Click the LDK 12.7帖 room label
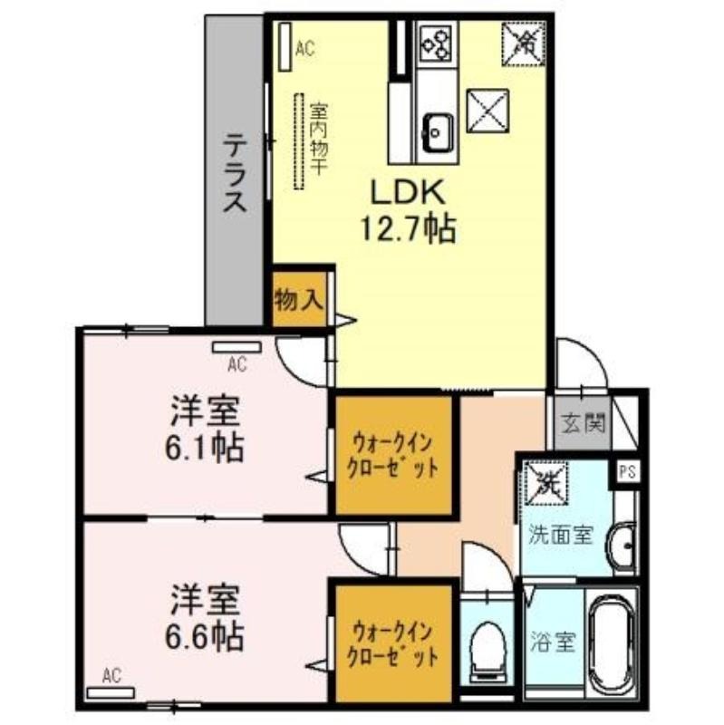[408, 210]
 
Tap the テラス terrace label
[235, 172]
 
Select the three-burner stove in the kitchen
[436, 43]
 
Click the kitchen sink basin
[437, 132]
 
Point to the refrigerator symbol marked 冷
[523, 43]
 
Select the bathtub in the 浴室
[612, 645]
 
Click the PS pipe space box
[627, 472]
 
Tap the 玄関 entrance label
[584, 423]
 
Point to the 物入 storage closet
[300, 299]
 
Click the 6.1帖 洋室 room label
[206, 429]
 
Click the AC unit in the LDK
[285, 46]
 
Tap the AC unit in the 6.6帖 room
[111, 692]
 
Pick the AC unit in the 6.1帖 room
[237, 347]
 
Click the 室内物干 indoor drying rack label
[319, 139]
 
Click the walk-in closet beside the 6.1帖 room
[393, 456]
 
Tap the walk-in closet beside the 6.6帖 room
[393, 644]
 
